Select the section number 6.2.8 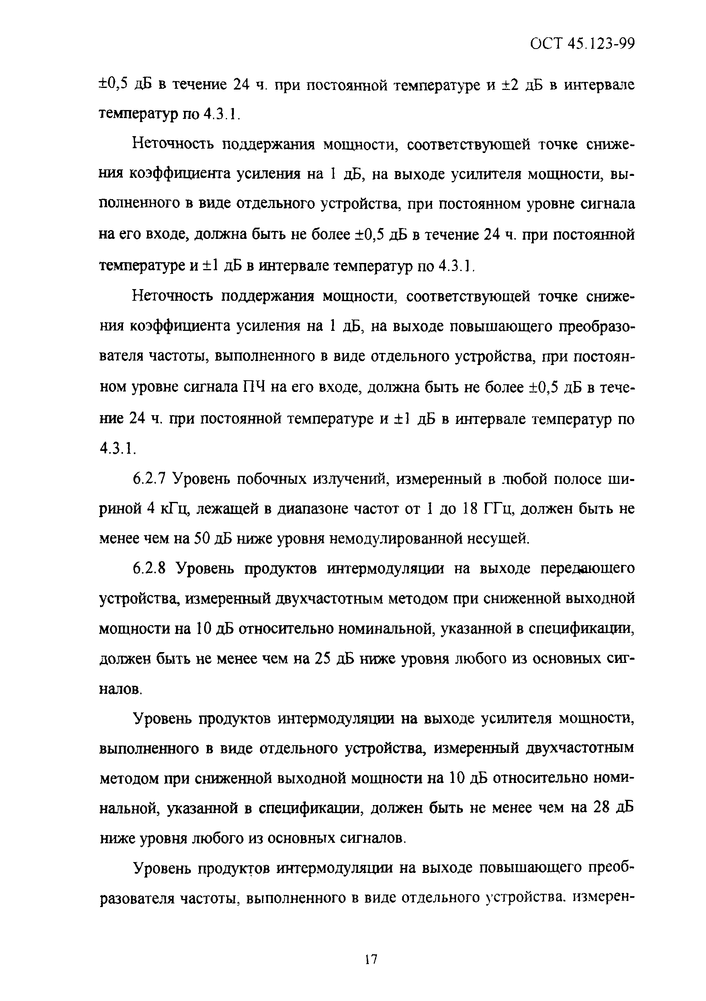149,569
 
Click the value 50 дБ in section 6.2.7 212,539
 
